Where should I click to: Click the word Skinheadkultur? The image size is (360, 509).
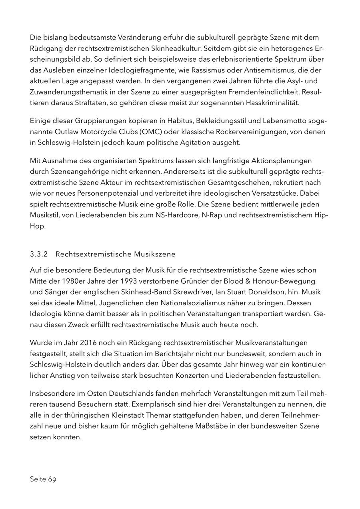(173, 48)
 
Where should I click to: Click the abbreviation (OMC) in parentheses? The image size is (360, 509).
(140, 132)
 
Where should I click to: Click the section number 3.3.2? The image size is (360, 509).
(39, 254)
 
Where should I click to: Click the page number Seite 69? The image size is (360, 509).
(43, 479)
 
